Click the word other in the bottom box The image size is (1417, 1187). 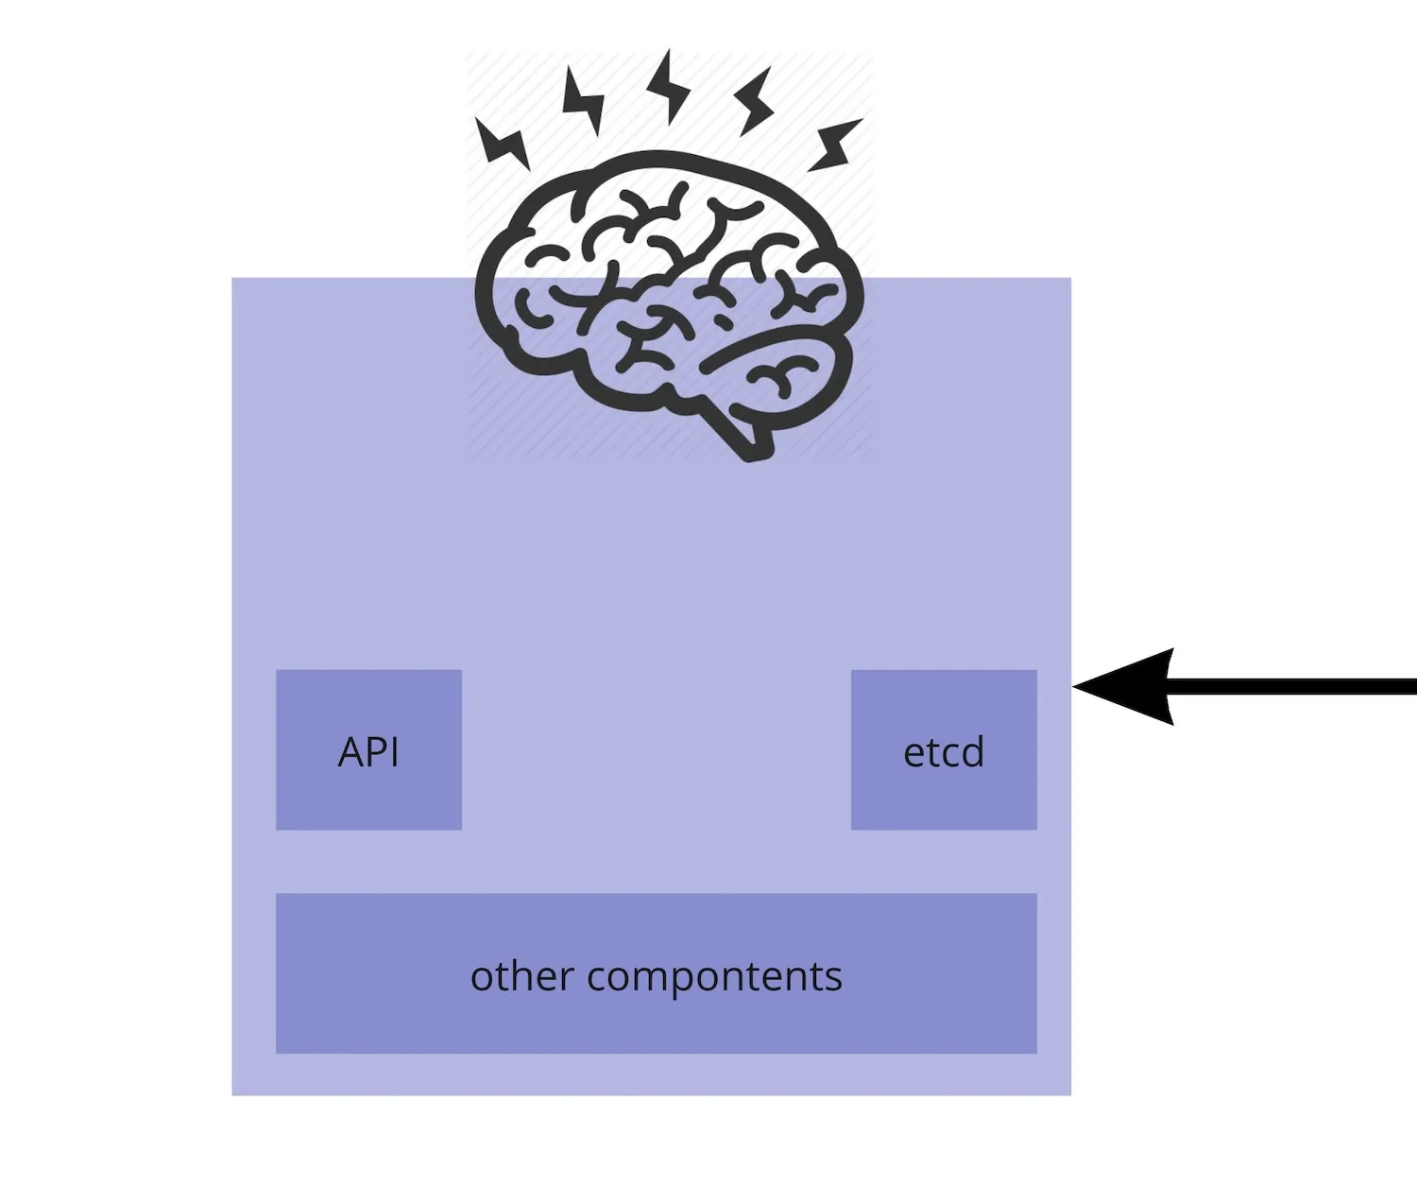[x=521, y=976]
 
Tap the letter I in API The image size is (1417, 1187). [x=394, y=752]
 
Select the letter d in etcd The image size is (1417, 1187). [x=973, y=752]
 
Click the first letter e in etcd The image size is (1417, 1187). [x=913, y=754]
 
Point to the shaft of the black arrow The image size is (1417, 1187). [x=1294, y=687]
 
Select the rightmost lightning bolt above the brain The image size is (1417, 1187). [x=835, y=145]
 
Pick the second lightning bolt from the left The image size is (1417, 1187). [x=584, y=100]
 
